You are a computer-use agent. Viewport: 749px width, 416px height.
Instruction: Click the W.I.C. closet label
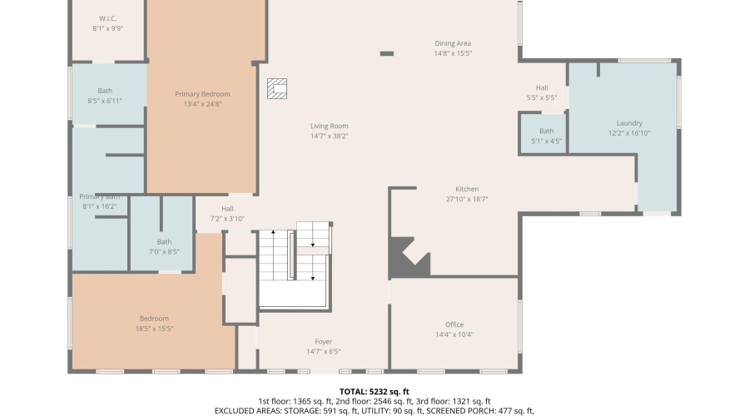click(107, 17)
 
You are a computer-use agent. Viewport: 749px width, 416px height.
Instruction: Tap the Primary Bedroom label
click(202, 94)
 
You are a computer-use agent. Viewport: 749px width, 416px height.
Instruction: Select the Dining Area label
click(453, 43)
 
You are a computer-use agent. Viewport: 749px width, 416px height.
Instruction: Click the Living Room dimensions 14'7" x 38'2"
click(329, 136)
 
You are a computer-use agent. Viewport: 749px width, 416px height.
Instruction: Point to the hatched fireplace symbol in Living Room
click(277, 88)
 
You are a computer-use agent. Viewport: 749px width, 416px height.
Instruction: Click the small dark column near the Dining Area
click(386, 53)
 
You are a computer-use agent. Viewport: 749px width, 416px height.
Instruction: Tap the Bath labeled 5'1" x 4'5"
click(546, 136)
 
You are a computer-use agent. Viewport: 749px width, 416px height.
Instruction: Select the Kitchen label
click(467, 189)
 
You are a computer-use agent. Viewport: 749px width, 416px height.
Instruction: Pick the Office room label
click(454, 324)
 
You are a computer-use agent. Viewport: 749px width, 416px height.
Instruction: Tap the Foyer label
click(323, 341)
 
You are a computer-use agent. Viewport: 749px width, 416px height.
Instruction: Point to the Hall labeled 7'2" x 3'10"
click(227, 214)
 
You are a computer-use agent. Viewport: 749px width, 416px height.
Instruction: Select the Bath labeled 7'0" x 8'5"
click(164, 246)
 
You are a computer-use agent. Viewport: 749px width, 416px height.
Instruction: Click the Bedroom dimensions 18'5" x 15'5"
click(154, 328)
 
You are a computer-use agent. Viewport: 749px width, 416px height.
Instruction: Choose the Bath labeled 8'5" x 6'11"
click(105, 96)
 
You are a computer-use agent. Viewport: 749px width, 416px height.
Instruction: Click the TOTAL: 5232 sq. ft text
click(374, 391)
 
